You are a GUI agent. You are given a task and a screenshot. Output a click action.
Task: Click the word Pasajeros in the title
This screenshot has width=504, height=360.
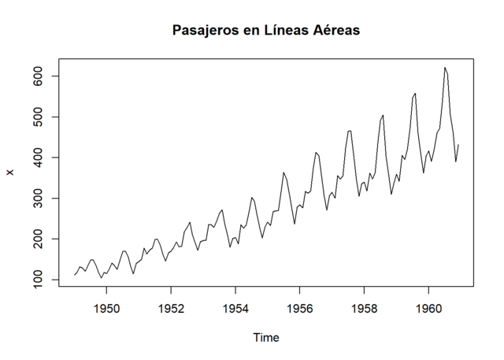point(203,31)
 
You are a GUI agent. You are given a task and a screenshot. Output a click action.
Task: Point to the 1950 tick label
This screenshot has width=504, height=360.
point(107,309)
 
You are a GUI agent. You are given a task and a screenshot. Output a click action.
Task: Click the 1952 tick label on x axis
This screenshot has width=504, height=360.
point(172,309)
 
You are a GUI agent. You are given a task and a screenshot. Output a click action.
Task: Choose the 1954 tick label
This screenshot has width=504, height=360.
point(235,309)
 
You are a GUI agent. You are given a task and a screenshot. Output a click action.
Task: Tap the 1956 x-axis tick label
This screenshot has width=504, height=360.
point(300,309)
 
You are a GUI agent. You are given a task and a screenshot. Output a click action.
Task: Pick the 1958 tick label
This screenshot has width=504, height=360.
point(365,309)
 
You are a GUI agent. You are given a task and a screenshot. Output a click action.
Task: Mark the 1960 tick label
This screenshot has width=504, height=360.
point(428,309)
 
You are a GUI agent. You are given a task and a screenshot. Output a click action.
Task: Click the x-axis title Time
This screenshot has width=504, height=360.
point(265,337)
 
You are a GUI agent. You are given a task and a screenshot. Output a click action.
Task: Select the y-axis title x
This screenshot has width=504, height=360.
point(11,173)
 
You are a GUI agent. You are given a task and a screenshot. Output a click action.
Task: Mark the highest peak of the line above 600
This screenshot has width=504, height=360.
point(445,68)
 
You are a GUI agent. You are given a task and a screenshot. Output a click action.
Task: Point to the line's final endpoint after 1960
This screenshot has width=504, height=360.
point(458,145)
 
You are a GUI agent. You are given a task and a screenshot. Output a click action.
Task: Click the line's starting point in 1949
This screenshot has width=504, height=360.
point(75,275)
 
